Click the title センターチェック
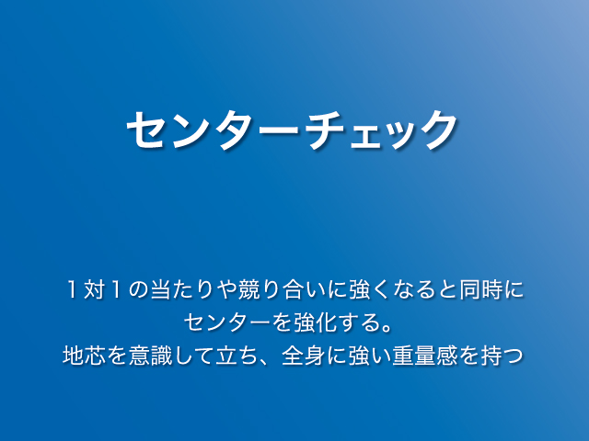tap(292, 130)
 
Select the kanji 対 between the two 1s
tap(94, 290)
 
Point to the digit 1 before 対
tap(72, 290)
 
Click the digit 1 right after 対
tap(116, 290)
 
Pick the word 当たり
tap(182, 290)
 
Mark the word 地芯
tap(84, 356)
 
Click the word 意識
tap(150, 356)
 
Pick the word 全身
tap(304, 356)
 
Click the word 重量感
tap(424, 356)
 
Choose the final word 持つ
tap(502, 356)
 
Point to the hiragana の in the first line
tap(138, 290)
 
